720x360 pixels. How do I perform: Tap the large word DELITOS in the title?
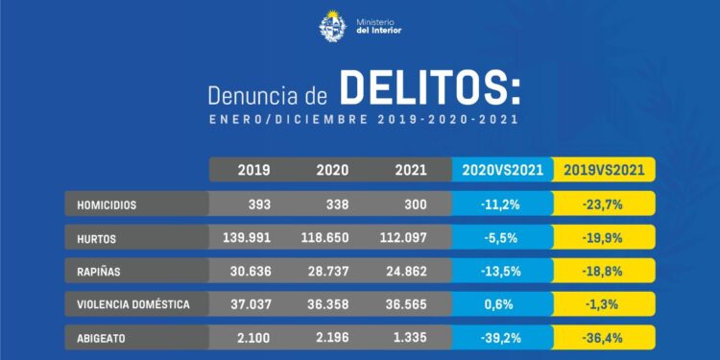[430, 91]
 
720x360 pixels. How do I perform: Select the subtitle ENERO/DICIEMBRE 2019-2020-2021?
[363, 120]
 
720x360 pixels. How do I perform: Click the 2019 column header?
[253, 170]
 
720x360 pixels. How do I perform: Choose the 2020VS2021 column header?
[501, 170]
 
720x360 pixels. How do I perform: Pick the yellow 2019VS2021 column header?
[605, 170]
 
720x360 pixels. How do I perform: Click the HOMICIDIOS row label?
[108, 204]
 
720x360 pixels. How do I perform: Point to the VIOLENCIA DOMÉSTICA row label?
[133, 304]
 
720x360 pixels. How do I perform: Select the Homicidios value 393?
[253, 204]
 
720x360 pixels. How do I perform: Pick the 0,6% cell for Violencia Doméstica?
[501, 304]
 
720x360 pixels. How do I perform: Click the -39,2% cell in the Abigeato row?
[501, 338]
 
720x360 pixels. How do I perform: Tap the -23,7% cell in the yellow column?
[605, 204]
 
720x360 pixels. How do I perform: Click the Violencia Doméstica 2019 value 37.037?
[253, 304]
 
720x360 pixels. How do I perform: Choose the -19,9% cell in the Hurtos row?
[605, 238]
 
